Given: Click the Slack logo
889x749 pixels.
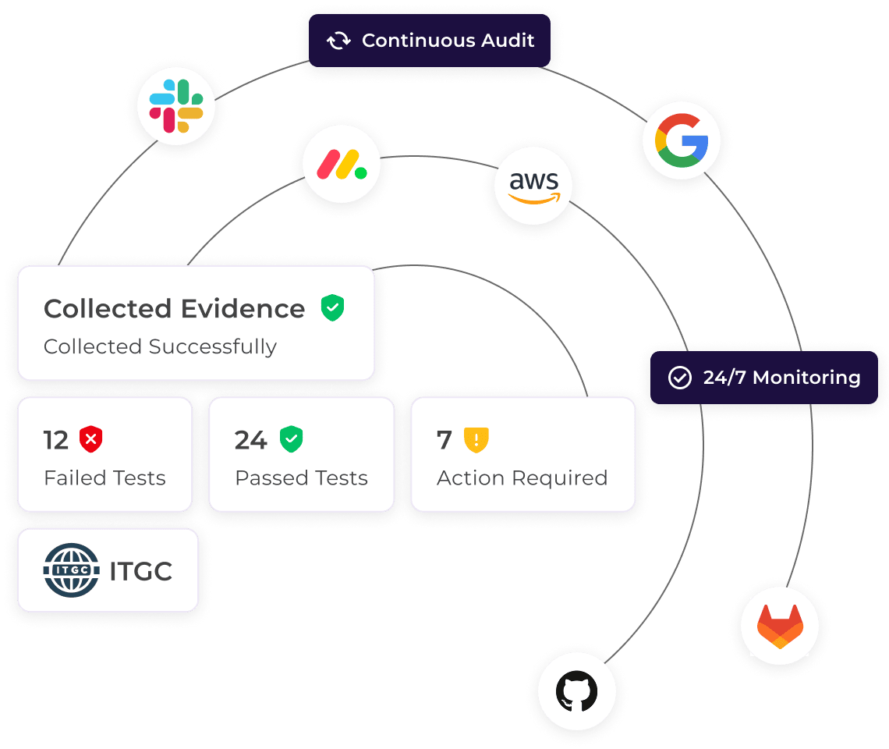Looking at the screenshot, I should pos(176,106).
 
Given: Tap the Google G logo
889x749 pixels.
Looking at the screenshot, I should pos(682,140).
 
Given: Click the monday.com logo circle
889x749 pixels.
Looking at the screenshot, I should pos(342,164).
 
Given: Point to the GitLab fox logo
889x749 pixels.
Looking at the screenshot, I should pos(780,626).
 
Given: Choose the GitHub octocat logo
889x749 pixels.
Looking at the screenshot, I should pos(577,691).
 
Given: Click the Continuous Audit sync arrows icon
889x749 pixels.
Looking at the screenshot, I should pos(338,41).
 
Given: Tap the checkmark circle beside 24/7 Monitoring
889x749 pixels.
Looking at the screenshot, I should pos(680,378).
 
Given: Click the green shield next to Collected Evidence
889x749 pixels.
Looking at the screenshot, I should pos(333,307).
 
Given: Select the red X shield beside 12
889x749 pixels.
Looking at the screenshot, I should pos(91,440).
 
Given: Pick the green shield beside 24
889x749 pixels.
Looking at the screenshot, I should pos(292,439).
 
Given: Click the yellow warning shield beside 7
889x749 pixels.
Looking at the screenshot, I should pos(476,440).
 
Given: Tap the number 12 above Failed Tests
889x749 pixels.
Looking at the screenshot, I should pos(56,441).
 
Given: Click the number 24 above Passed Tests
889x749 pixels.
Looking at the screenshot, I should pos(251,441).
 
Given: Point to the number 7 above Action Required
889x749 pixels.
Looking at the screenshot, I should pos(444,441).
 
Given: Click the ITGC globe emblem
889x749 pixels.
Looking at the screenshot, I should pos(72,570).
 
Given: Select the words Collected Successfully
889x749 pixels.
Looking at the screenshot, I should pos(160,346).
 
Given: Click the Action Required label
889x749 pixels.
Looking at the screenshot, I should pos(522,478).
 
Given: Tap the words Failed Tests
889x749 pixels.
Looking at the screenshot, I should pos(104,478).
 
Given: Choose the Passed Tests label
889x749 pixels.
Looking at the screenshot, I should pos(301,478).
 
